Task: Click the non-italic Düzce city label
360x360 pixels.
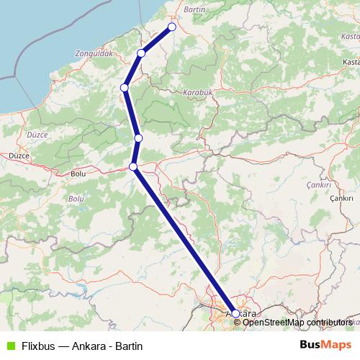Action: coord(18,155)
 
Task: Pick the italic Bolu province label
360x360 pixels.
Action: coord(76,198)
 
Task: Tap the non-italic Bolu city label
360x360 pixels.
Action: coord(78,174)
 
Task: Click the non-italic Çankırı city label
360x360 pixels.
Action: coord(341,197)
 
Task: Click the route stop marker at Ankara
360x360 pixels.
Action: coord(235,314)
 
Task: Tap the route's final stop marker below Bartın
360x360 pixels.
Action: coord(172,27)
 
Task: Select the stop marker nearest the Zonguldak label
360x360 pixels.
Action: coord(141,53)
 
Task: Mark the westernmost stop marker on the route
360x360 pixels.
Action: coord(125,88)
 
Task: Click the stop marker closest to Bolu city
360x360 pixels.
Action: coord(133,167)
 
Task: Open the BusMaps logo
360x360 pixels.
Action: coord(325,345)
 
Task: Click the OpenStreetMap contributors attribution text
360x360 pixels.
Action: coord(297,323)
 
